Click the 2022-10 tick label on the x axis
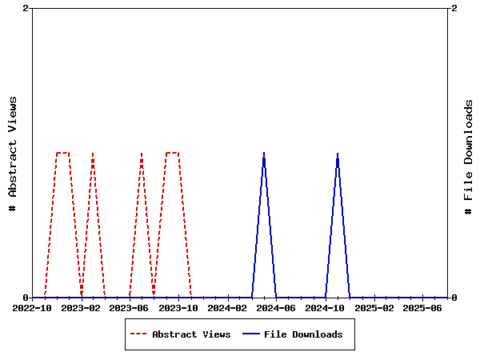(x=32, y=307)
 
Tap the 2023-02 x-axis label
(x=81, y=307)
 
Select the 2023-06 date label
(x=130, y=307)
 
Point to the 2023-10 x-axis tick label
(x=178, y=307)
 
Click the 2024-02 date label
(x=228, y=307)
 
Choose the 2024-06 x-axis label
(x=277, y=307)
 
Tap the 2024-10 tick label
(x=326, y=307)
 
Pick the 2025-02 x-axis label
(x=374, y=307)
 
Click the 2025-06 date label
(x=423, y=307)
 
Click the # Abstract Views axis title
(x=13, y=153)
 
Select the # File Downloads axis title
(x=469, y=157)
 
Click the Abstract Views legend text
(x=191, y=334)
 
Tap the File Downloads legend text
(x=303, y=334)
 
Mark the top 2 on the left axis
(x=26, y=8)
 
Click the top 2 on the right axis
(x=454, y=8)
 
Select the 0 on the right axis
(x=454, y=298)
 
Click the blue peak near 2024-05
(x=264, y=153)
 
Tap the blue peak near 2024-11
(x=338, y=153)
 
